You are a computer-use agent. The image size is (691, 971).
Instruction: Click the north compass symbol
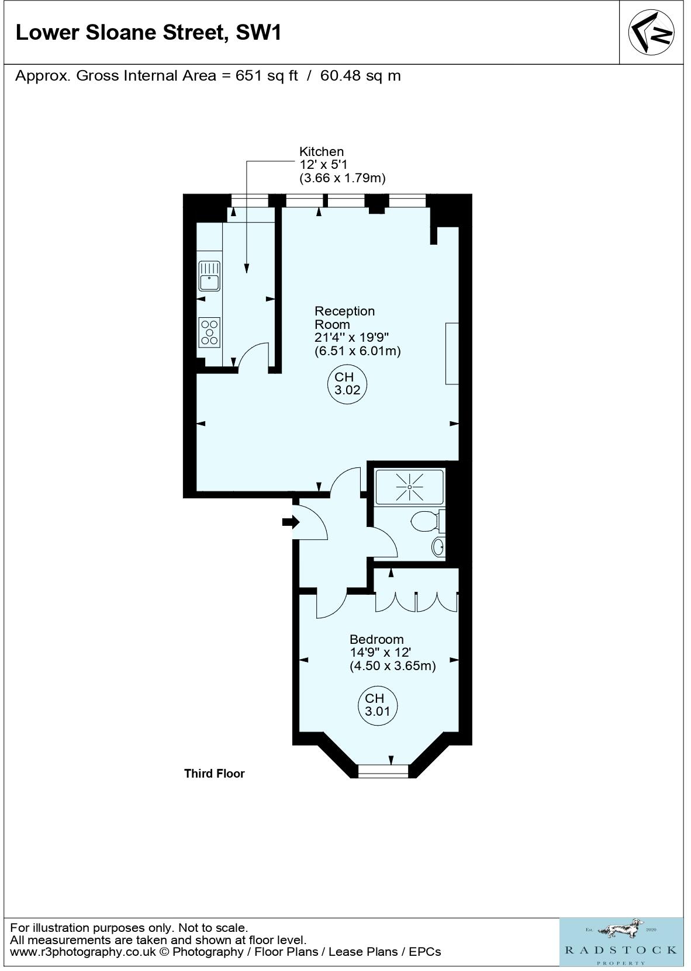[651, 32]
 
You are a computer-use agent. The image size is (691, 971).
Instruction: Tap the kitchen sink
[209, 276]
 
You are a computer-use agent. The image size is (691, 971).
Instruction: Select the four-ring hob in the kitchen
[209, 332]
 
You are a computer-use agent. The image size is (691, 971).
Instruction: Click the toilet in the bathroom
[428, 522]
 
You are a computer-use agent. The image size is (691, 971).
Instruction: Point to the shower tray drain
[409, 487]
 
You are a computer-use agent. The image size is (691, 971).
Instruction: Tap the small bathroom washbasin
[438, 547]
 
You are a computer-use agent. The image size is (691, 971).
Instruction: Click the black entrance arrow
[291, 522]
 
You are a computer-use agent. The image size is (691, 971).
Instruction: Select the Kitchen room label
[322, 152]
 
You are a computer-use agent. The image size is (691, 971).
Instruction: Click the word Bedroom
[376, 639]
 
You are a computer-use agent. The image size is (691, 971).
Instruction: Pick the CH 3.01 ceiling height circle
[378, 706]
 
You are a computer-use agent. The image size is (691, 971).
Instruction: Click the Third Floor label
[215, 774]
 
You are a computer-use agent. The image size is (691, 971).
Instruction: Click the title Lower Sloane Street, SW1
[148, 33]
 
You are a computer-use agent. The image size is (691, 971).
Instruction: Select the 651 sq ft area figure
[267, 76]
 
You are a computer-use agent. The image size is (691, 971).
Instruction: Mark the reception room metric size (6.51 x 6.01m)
[357, 351]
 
